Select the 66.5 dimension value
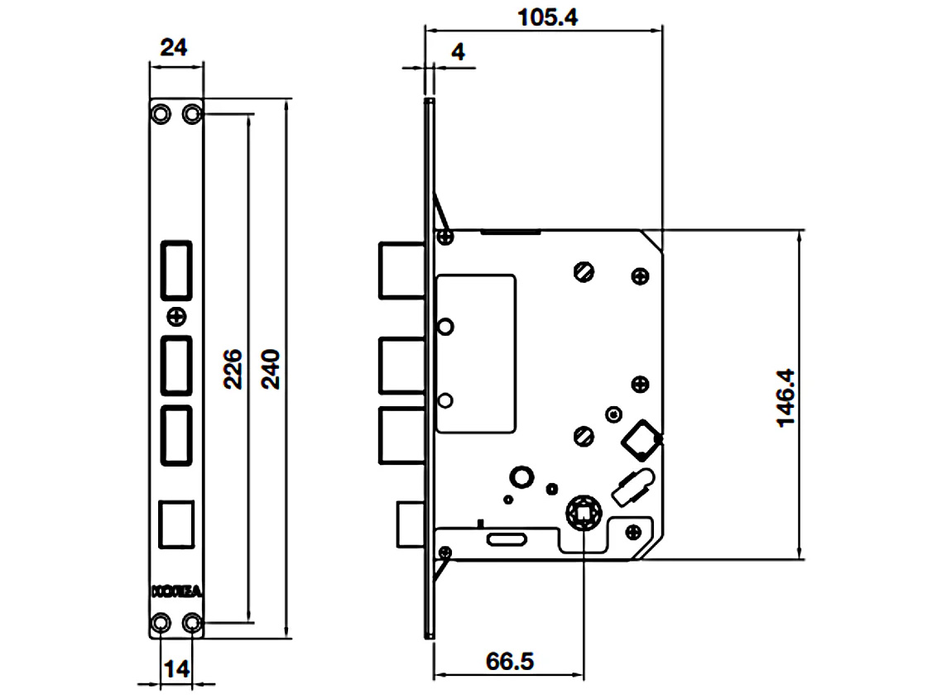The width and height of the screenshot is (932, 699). tap(510, 662)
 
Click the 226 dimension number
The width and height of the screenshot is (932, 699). tap(234, 369)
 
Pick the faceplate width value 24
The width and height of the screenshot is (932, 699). tap(173, 47)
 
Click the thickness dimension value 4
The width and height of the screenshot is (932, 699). tap(458, 51)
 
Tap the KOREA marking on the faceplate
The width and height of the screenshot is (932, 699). tap(176, 591)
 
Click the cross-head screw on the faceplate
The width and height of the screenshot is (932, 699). tap(176, 315)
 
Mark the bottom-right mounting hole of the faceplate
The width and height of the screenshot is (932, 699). tap(192, 622)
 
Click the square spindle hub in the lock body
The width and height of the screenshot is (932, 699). tap(584, 514)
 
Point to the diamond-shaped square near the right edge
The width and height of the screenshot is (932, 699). tap(642, 438)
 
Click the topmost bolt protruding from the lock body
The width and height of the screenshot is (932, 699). tap(401, 270)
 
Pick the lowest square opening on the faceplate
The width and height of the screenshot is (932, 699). tap(176, 523)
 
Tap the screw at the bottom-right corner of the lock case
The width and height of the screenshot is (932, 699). tap(634, 531)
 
